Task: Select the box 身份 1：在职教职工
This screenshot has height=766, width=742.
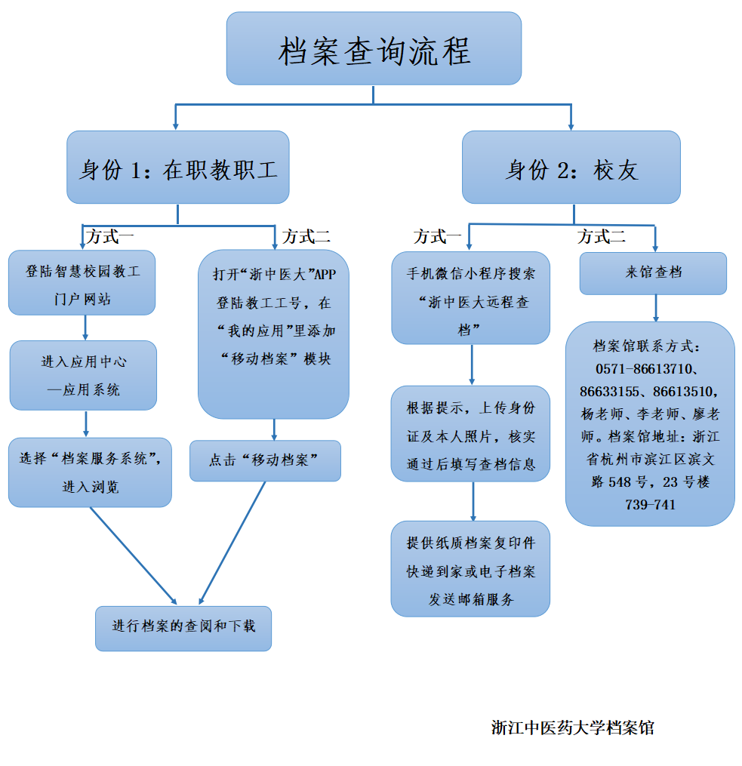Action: (x=177, y=168)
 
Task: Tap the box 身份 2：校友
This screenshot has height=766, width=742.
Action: (x=571, y=168)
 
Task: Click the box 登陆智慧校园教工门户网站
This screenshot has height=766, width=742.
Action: (x=82, y=283)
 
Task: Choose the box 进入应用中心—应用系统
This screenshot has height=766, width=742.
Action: (x=83, y=375)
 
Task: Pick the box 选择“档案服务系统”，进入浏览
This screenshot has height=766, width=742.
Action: (x=90, y=472)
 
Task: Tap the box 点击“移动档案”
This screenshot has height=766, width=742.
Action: (x=265, y=460)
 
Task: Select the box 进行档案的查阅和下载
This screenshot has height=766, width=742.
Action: (x=183, y=627)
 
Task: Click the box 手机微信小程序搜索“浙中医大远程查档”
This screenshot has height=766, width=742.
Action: (x=470, y=298)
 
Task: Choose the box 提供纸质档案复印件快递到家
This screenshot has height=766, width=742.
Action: (x=470, y=568)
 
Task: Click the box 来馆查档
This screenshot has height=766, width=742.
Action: (x=653, y=272)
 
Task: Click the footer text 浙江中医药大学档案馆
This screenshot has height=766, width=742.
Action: (x=572, y=728)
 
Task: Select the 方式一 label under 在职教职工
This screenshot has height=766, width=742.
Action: (x=110, y=236)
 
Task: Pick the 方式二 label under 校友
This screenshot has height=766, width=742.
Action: (x=601, y=237)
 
